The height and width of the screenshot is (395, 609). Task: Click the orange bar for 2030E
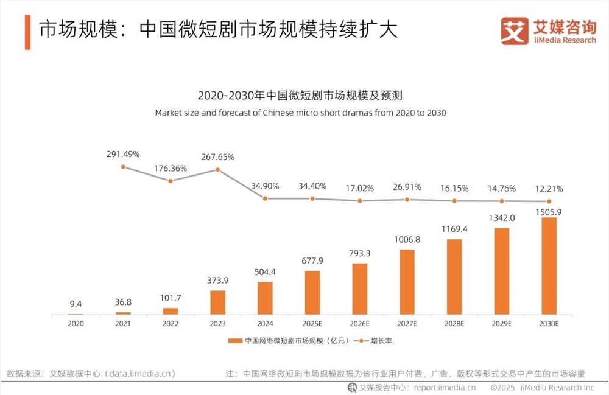549,265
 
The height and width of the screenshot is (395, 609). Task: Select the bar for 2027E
407,282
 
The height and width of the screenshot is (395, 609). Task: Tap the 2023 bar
217,302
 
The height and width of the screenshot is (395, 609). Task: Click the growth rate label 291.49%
123,153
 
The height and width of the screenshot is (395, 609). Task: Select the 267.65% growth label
217,156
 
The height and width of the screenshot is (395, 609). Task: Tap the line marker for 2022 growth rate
171,181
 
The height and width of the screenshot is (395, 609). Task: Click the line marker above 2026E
359,200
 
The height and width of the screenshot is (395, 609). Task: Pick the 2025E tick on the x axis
312,324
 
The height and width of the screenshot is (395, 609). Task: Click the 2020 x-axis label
76,324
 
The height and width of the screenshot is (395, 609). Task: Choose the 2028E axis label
454,324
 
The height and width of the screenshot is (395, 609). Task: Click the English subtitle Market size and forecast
301,113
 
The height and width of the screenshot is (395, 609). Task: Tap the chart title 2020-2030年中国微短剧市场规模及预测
301,96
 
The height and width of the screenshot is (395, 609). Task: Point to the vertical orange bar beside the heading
27,32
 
